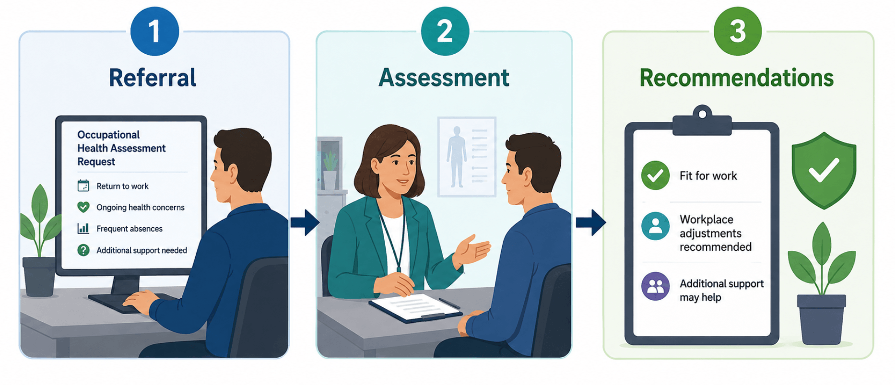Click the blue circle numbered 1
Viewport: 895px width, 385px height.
point(154,31)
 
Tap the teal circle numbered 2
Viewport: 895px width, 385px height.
point(445,31)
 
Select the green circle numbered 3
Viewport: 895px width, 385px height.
point(738,31)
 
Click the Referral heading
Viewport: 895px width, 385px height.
point(153,78)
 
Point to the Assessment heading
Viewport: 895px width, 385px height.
point(444,78)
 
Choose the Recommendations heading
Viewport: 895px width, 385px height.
point(737,78)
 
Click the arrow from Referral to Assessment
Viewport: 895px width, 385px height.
point(305,222)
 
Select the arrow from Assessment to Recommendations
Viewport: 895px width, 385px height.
point(591,222)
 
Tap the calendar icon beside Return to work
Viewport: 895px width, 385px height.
point(83,186)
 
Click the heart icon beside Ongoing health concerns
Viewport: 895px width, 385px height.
point(83,207)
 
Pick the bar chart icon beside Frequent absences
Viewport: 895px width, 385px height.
point(83,228)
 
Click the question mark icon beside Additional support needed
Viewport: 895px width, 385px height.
point(83,250)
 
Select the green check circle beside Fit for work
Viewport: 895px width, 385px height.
point(655,175)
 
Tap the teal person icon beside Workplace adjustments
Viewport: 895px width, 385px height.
point(655,226)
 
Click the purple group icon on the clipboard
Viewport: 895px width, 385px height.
point(655,286)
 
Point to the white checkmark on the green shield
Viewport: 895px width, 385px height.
point(824,170)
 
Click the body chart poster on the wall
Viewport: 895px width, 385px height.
point(467,156)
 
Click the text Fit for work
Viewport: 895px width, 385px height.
point(708,176)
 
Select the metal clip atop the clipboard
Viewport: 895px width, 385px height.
point(702,120)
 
